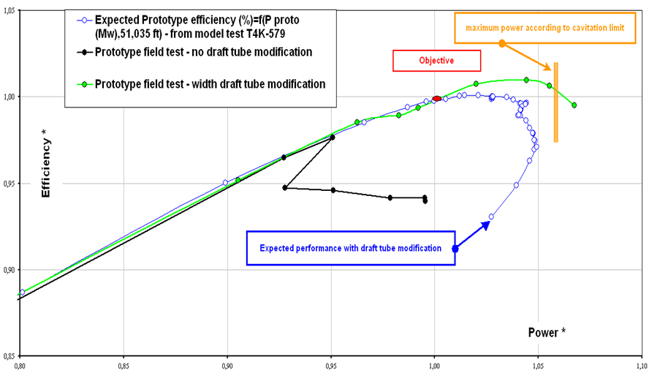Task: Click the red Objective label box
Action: pos(436,61)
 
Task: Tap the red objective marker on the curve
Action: pos(437,99)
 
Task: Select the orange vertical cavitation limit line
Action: pos(557,102)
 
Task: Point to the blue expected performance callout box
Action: pos(351,248)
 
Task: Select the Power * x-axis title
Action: pos(547,332)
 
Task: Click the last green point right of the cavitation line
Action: pos(574,105)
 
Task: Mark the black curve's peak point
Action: pos(333,137)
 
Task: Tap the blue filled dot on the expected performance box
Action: pos(455,249)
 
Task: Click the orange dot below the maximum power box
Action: pos(502,44)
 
